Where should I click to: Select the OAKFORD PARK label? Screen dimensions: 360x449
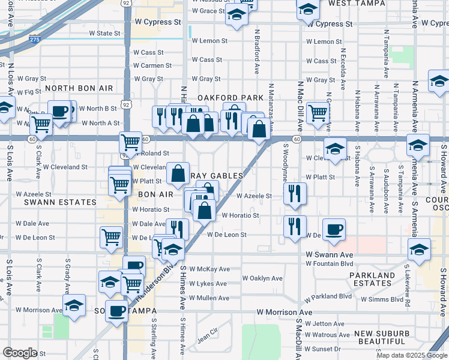click(x=231, y=97)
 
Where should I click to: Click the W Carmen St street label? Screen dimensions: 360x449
click(x=152, y=65)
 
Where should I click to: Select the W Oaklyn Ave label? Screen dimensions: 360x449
click(x=262, y=278)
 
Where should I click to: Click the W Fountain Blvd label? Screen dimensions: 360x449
click(x=329, y=263)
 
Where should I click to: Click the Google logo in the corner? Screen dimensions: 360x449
click(x=20, y=352)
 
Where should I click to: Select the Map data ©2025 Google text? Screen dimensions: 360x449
click(x=411, y=355)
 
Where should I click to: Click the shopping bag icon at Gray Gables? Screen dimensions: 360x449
click(x=178, y=173)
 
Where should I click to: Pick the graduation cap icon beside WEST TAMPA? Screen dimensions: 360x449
click(x=308, y=10)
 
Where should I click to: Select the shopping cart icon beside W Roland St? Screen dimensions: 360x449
click(x=130, y=143)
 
